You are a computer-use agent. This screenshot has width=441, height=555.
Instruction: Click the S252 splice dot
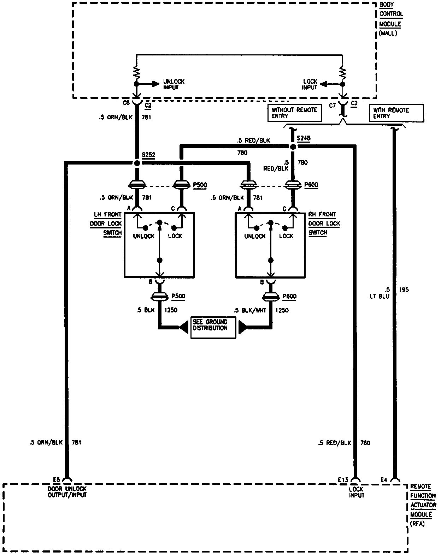click(x=137, y=163)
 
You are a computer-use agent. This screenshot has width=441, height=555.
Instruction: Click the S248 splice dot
click(x=293, y=146)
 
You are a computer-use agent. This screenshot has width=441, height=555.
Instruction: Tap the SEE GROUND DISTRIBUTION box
click(x=213, y=328)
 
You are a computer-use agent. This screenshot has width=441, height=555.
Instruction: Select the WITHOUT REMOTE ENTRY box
click(x=295, y=113)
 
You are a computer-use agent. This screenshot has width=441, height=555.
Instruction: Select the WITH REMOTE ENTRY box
click(x=396, y=113)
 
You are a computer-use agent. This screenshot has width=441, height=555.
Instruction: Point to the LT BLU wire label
click(x=380, y=293)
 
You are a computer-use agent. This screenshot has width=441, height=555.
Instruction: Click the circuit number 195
click(x=404, y=290)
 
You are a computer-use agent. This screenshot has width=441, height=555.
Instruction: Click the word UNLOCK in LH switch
click(x=144, y=236)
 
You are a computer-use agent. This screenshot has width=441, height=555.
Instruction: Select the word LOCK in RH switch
click(x=286, y=236)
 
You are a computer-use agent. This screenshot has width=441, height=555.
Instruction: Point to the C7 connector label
click(x=333, y=105)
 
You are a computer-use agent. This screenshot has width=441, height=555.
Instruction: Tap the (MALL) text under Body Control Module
click(x=388, y=34)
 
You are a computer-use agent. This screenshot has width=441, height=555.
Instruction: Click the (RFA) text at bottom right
click(x=417, y=524)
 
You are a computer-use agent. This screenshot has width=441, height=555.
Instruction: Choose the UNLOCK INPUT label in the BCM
click(x=174, y=84)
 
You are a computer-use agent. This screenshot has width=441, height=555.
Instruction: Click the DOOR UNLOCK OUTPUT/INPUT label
click(x=67, y=492)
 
